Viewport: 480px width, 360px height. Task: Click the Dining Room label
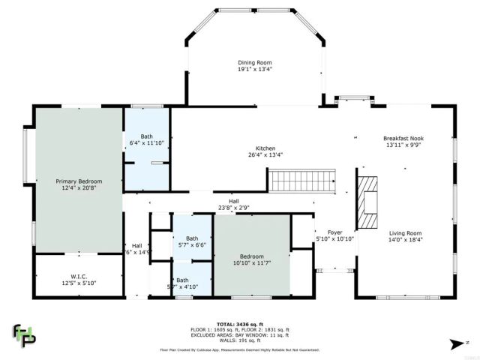click(254, 62)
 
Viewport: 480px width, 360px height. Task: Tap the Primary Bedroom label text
click(79, 181)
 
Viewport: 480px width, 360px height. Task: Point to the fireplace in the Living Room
click(367, 202)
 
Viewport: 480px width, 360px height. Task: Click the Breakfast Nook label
click(403, 138)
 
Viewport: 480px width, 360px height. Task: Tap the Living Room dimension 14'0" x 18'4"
click(404, 240)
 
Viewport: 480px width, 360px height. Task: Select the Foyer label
click(334, 232)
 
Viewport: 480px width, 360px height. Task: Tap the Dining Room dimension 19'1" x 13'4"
click(254, 69)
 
